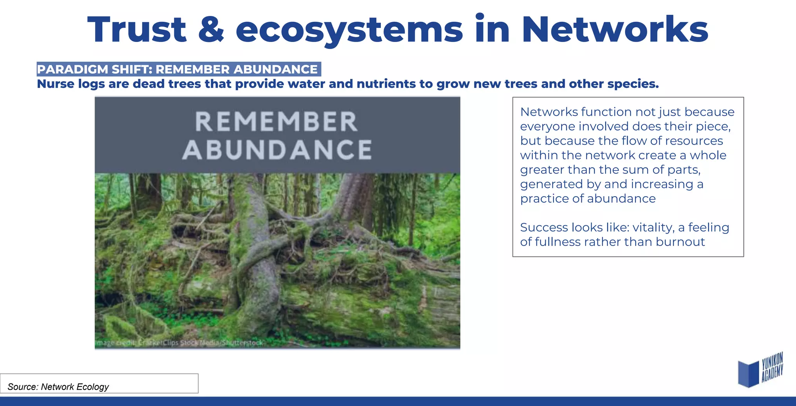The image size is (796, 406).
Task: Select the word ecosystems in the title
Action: tap(349, 30)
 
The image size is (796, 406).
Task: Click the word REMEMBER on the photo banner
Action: tap(276, 122)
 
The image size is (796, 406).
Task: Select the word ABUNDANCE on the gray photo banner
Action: tap(277, 150)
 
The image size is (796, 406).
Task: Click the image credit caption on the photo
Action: tap(179, 343)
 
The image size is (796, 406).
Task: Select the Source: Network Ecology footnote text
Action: tap(58, 387)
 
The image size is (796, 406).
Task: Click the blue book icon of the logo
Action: tap(748, 373)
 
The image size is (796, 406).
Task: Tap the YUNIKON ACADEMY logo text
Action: tap(772, 367)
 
